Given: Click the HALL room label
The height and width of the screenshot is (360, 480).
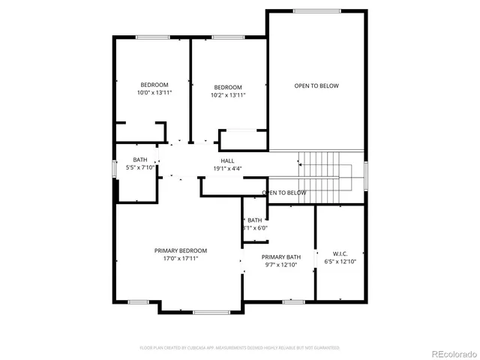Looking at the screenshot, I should tap(227, 160).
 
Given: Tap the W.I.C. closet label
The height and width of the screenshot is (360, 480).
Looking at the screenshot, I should tap(340, 254).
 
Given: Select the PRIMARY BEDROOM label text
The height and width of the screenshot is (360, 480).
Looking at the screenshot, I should tap(181, 250).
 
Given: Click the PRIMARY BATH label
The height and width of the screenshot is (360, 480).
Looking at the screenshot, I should tap(281, 256).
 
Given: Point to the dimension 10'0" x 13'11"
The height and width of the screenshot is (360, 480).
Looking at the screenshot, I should tap(154, 93).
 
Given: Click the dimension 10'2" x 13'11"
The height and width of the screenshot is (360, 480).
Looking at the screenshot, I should tap(228, 95).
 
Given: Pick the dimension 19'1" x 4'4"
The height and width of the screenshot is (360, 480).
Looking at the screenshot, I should tap(227, 169).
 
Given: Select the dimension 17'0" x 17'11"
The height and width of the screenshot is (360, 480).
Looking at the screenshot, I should tap(181, 259).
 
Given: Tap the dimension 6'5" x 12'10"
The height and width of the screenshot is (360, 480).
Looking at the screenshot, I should tap(340, 262).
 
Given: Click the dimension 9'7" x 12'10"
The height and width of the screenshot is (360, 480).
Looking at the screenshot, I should tap(281, 265).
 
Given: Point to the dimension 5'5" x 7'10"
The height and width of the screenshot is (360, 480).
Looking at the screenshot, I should tap(140, 168).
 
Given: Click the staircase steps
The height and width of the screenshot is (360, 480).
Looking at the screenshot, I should tap(322, 173).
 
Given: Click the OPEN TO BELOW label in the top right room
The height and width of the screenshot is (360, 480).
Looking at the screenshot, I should tap(316, 85).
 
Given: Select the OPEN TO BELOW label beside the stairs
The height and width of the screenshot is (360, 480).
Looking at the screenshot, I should tap(284, 193).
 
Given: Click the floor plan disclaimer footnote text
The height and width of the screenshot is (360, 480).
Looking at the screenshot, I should tap(240, 348).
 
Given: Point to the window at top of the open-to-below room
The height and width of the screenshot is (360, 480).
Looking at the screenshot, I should tap(316, 10).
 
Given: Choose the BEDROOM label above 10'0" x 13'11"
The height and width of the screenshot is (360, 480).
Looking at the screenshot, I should tap(154, 84).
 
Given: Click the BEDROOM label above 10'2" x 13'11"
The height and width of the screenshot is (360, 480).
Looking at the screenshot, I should tap(228, 87).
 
